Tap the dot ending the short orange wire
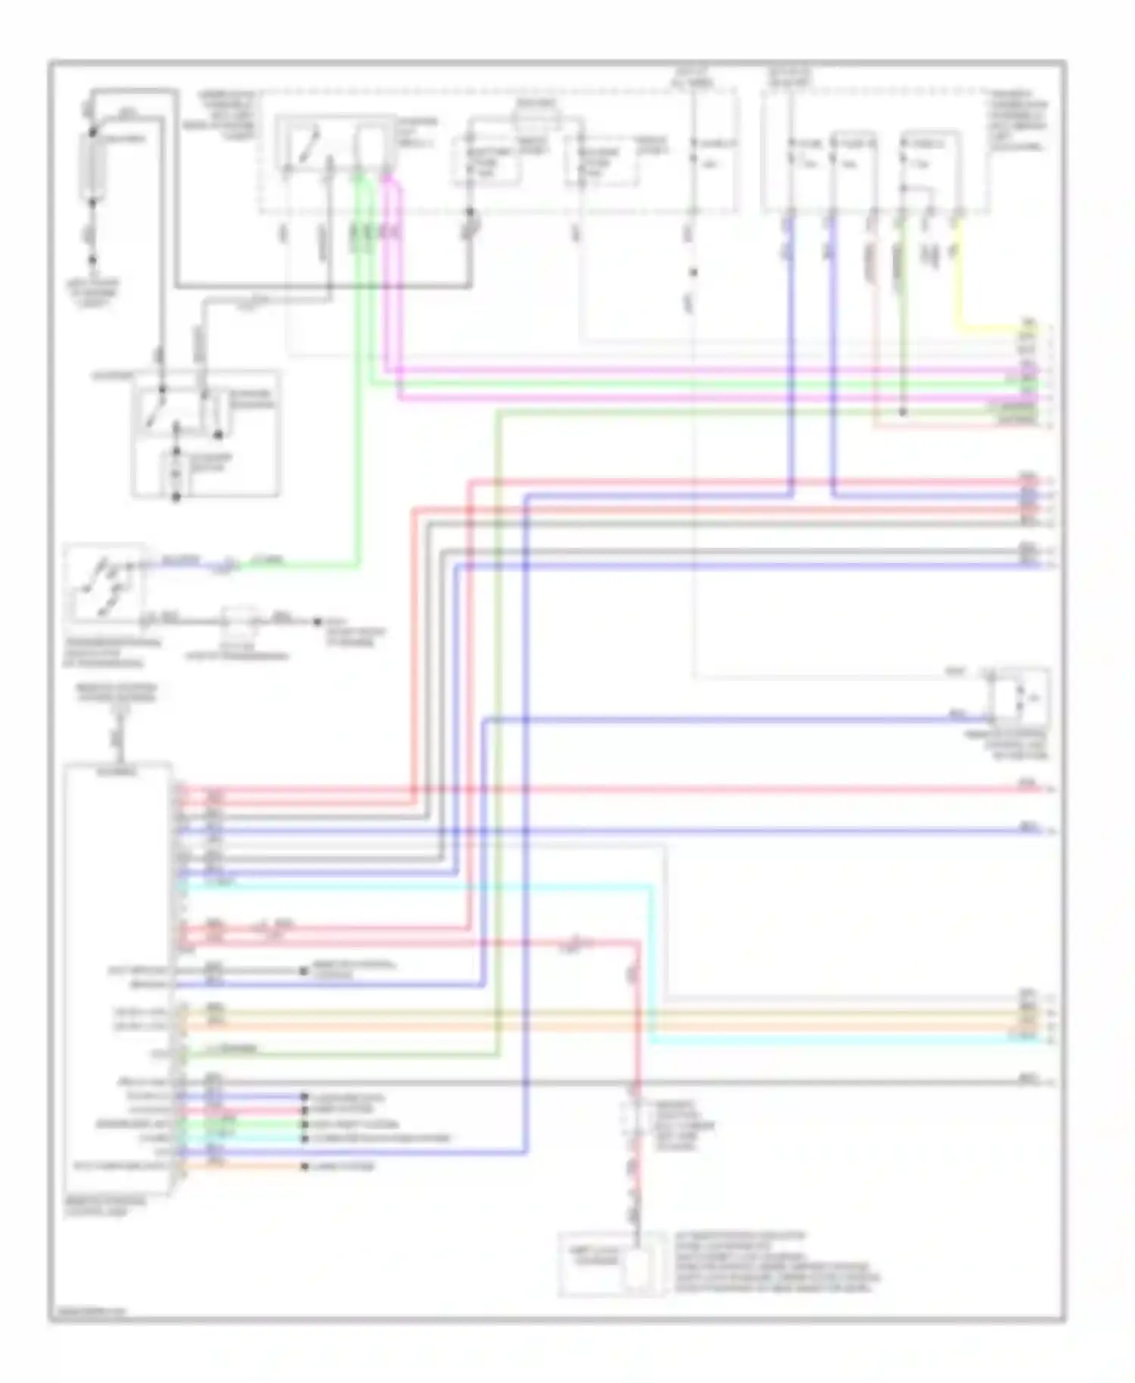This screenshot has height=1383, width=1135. (x=304, y=1166)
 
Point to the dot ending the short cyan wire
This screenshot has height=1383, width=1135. (x=304, y=1138)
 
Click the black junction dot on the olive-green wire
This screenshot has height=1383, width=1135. (x=902, y=413)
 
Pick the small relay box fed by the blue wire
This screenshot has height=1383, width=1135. (x=1022, y=691)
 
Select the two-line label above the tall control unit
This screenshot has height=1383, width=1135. (x=117, y=693)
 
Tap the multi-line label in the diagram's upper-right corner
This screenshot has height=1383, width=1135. (x=1018, y=121)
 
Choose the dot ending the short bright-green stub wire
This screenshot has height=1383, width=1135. (x=304, y=1124)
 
